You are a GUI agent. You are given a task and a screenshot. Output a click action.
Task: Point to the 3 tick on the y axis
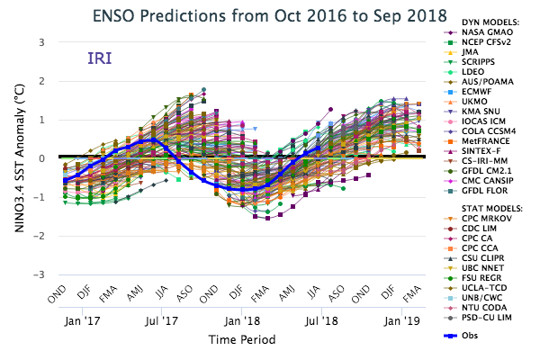(x=41, y=42)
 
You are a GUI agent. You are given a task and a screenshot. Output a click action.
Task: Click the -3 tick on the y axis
(x=39, y=274)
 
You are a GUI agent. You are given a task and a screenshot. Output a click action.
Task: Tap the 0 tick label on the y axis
(x=41, y=158)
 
